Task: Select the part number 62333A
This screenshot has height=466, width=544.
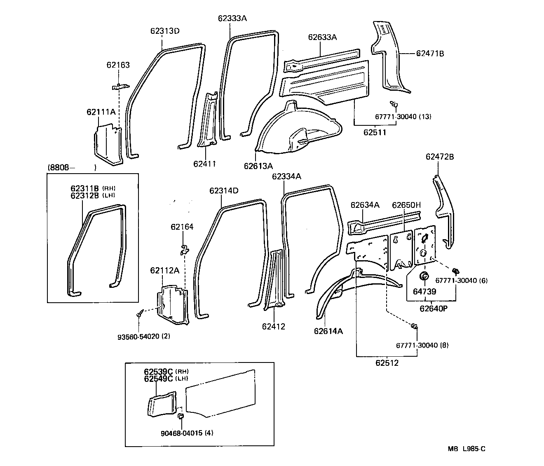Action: point(232,18)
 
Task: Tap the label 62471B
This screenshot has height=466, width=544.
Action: point(430,53)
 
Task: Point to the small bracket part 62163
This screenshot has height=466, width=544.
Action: point(120,87)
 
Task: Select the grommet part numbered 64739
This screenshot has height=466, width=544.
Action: point(424,276)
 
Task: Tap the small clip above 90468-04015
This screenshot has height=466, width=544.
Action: point(180,417)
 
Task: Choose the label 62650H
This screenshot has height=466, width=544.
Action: point(406,205)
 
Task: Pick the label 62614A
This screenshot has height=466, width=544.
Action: point(328,331)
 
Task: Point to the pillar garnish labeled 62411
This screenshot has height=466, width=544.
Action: point(209,124)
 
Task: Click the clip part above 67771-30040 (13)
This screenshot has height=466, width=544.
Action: point(393,104)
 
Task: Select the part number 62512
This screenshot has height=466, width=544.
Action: point(387,363)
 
